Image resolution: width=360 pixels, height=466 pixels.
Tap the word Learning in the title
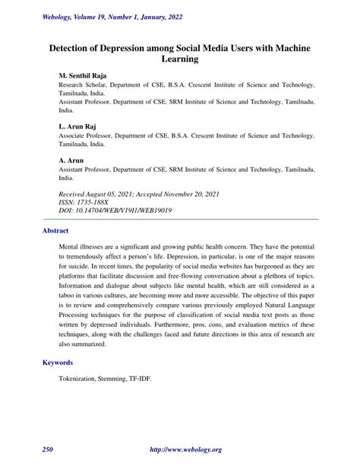180,59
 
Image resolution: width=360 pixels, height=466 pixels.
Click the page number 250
47,451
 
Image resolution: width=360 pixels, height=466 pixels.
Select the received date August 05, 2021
114,193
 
